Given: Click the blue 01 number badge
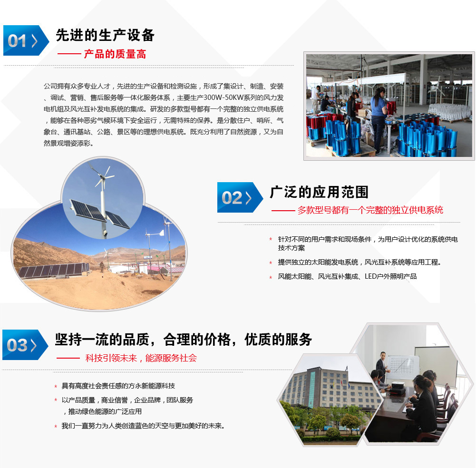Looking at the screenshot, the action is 26,40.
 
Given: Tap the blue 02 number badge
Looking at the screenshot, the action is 240,197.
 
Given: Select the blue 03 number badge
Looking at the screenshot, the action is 25,345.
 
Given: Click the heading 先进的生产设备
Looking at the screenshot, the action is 105,35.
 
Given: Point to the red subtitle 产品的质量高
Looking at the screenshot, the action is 115,54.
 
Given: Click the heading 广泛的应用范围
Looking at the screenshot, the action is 319,192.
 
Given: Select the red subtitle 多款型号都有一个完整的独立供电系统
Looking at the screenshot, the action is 370,210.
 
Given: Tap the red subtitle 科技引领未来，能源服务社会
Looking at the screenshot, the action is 141,358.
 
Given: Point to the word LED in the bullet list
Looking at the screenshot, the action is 370,276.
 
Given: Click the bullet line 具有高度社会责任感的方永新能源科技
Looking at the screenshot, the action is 118,386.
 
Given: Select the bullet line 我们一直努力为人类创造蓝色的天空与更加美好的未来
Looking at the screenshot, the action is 143,426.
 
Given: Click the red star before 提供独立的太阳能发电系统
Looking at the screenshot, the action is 271,263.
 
